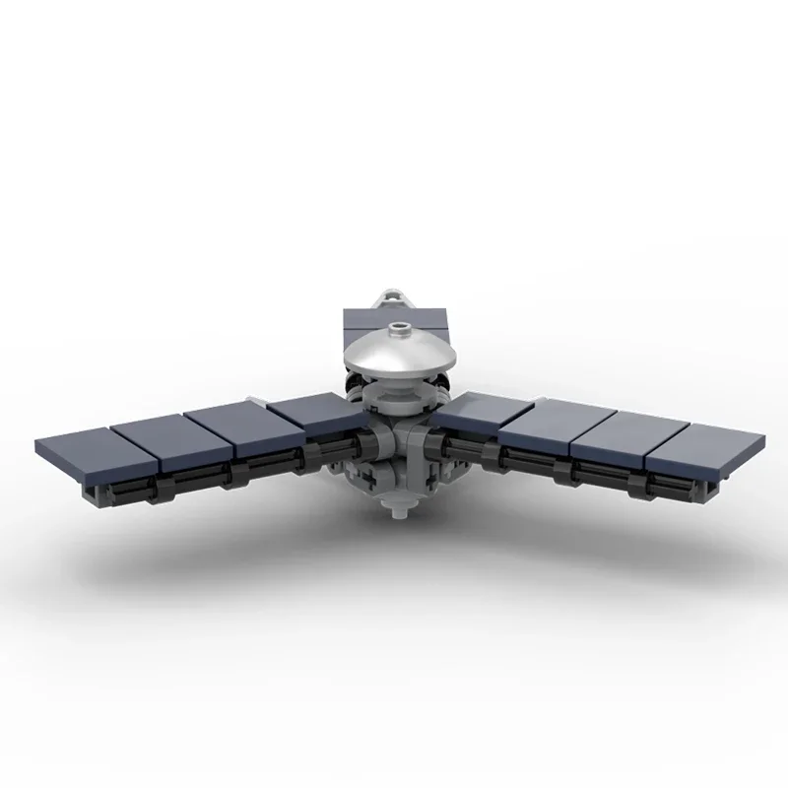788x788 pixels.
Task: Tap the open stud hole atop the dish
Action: (x=401, y=329)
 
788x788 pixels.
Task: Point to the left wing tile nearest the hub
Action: (x=306, y=415)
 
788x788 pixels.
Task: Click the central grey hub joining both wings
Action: (x=400, y=453)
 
